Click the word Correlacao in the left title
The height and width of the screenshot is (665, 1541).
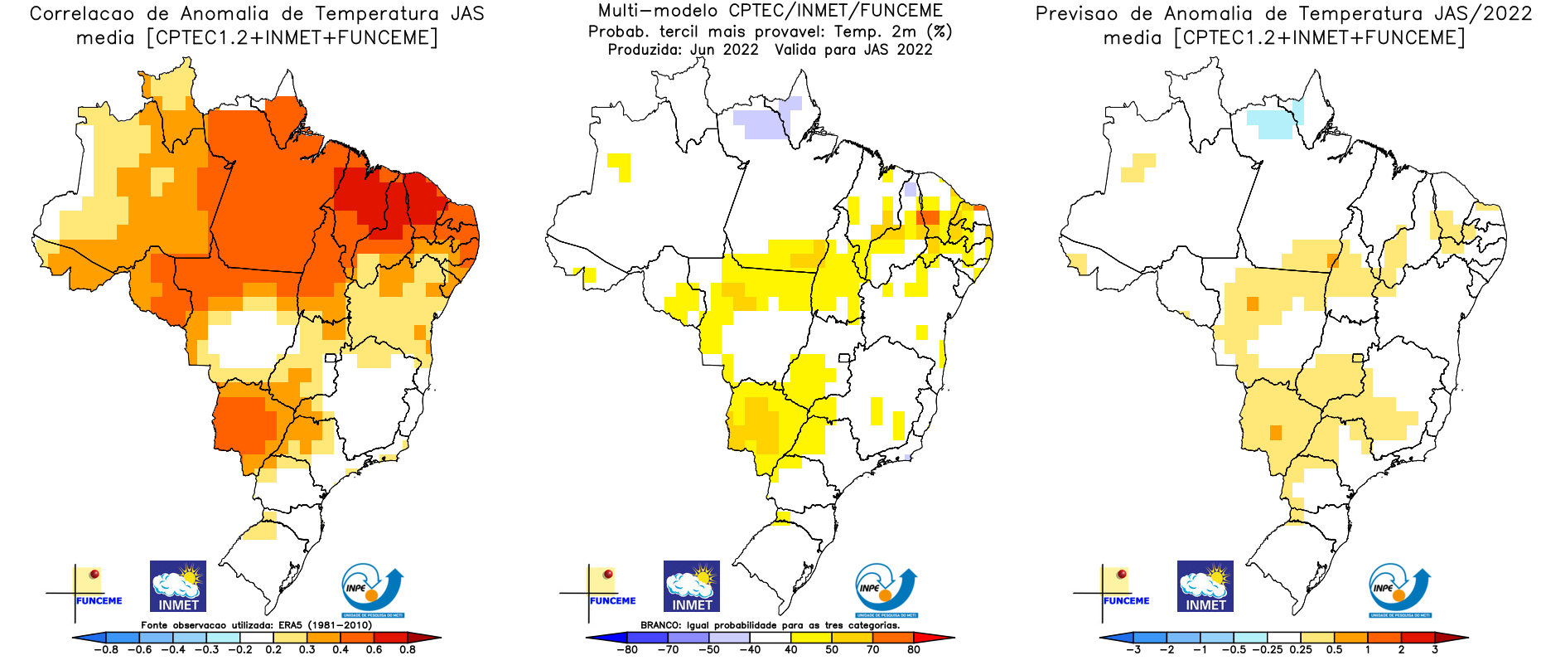click(x=82, y=14)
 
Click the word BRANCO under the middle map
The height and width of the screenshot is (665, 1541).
click(x=660, y=625)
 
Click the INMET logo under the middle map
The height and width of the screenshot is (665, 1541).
click(x=692, y=586)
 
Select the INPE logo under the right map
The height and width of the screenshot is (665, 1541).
click(x=1400, y=590)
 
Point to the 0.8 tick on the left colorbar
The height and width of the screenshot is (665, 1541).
click(x=408, y=650)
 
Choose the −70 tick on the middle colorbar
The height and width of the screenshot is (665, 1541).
click(x=668, y=650)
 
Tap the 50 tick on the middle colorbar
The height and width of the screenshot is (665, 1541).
click(x=832, y=650)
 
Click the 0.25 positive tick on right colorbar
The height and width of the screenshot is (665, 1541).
click(x=1302, y=650)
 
